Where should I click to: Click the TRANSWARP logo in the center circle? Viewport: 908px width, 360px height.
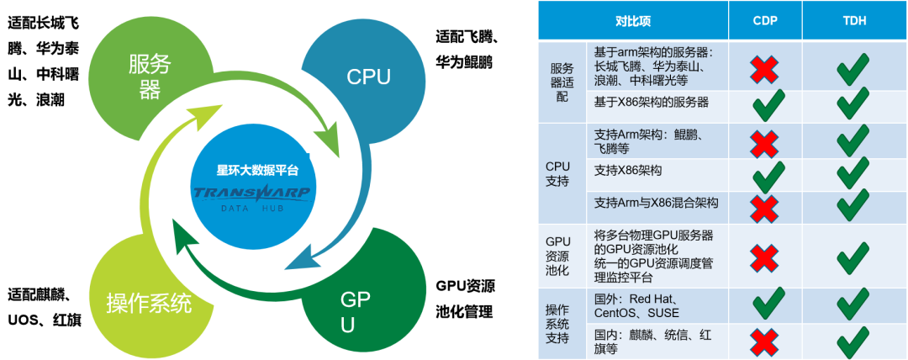click(x=252, y=193)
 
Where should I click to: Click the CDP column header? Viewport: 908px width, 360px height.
click(x=764, y=20)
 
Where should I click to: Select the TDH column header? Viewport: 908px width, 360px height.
click(x=853, y=20)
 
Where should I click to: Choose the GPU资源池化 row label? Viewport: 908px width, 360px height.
click(x=558, y=256)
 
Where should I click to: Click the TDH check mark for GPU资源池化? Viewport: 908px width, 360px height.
click(x=853, y=255)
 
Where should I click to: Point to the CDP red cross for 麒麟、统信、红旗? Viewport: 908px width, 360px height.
click(x=764, y=341)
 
